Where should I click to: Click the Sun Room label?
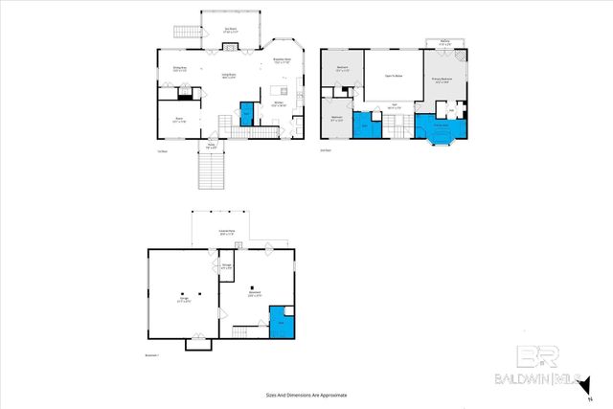click(231, 30)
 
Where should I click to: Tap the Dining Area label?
click(179, 68)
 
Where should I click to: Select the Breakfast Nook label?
click(282, 61)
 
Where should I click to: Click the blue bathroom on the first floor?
click(246, 113)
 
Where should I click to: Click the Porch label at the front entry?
click(211, 147)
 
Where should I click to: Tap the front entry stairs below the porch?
click(211, 173)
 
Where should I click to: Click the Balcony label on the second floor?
click(445, 42)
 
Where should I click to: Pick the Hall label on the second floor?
click(393, 107)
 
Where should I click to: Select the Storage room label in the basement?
click(226, 267)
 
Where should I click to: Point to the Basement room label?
click(254, 293)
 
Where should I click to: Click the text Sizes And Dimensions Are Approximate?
click(306, 395)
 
